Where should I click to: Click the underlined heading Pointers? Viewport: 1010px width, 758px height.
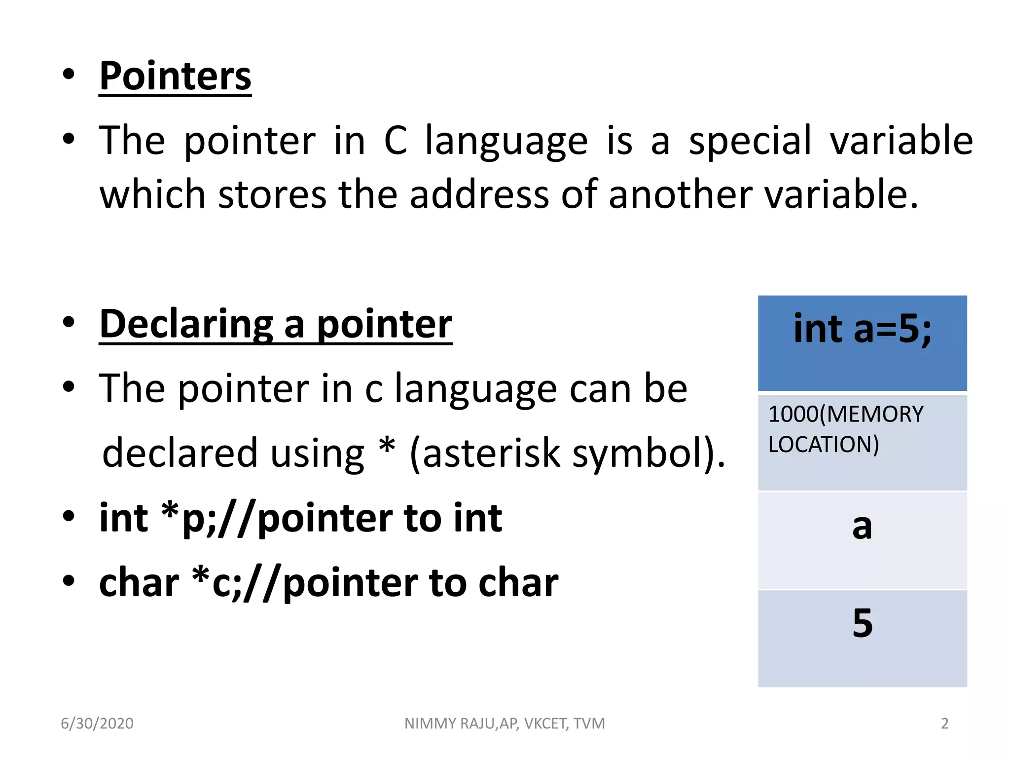click(175, 76)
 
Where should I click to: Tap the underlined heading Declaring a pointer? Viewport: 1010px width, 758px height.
click(276, 324)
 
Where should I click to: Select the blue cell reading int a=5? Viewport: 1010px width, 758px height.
click(862, 343)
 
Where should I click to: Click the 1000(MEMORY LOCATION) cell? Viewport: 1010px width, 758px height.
click(862, 442)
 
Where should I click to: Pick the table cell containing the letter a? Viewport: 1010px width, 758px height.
click(862, 540)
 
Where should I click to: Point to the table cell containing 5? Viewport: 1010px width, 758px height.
click(862, 638)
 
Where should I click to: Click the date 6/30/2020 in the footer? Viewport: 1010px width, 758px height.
click(97, 723)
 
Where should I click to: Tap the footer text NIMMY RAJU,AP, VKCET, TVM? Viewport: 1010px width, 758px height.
click(505, 723)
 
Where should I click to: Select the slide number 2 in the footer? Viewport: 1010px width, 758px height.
click(944, 723)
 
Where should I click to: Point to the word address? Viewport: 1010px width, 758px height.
click(479, 194)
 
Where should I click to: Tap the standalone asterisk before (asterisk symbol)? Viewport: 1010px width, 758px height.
click(387, 447)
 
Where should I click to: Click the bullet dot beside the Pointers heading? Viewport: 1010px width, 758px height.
click(69, 75)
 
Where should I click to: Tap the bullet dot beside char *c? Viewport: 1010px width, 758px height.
click(69, 581)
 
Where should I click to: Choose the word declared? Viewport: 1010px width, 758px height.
click(180, 453)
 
